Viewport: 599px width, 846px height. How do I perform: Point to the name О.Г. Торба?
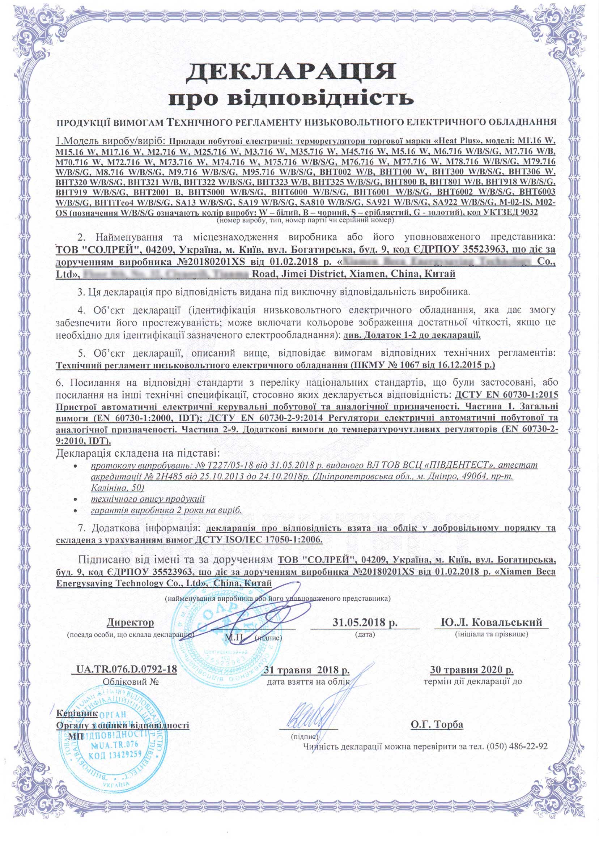tap(437, 724)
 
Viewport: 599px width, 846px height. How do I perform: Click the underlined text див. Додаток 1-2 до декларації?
tap(412, 335)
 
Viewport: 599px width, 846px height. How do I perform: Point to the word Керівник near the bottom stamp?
tap(77, 713)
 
